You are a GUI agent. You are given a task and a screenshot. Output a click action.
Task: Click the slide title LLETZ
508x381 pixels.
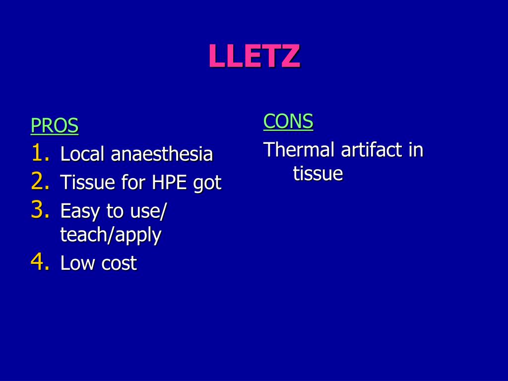pos(254,56)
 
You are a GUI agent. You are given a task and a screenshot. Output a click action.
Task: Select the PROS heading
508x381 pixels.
pos(55,126)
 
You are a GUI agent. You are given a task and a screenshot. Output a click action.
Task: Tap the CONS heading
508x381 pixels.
pos(288,121)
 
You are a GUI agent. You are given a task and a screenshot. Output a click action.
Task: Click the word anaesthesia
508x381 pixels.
pos(162,154)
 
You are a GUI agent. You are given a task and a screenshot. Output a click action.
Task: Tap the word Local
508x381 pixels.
pos(83,154)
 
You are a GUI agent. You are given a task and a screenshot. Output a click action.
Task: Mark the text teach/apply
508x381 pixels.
pos(111,235)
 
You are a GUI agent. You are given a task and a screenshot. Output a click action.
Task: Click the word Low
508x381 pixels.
pos(78,263)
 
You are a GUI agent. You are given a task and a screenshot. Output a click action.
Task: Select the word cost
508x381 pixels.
pos(119,263)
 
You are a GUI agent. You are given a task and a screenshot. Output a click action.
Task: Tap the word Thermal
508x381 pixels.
pos(300,149)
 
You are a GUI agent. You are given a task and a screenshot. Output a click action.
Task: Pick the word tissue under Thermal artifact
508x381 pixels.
pos(317,174)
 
